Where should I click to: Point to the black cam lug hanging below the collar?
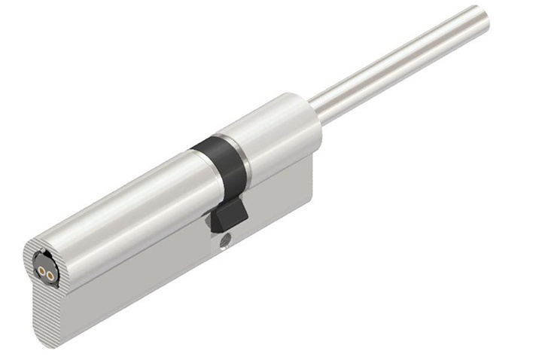click(x=227, y=216)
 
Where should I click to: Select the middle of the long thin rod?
click(x=399, y=63)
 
